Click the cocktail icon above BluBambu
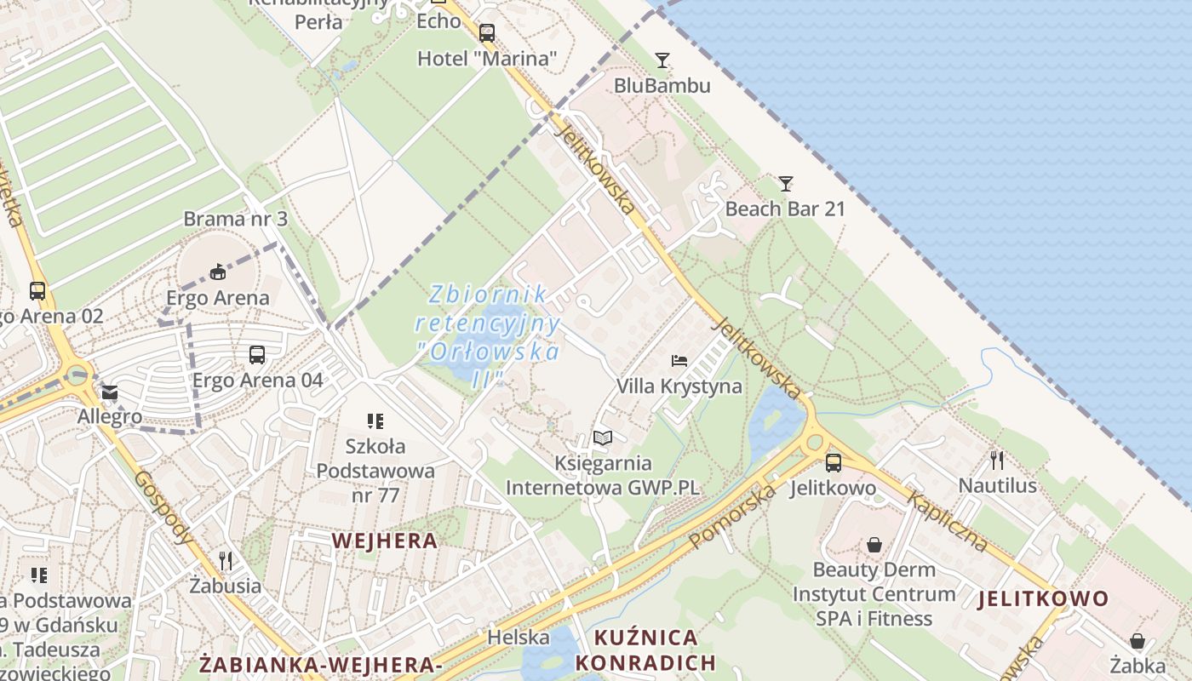pos(662,60)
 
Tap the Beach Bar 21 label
pos(785,209)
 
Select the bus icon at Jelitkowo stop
pos(834,462)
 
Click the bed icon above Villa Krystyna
pos(679,361)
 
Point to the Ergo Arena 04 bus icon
pos(257,354)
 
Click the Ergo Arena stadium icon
pos(218,272)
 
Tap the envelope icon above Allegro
pos(110,392)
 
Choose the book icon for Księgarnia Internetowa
pos(603,438)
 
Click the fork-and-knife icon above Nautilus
pos(997,461)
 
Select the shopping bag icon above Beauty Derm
pos(874,545)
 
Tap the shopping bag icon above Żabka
pos(1138,640)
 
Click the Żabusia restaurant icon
pos(226,560)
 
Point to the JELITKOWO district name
pos(1043,598)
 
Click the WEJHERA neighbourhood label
pos(385,541)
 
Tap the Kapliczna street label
pos(947,520)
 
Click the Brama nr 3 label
pos(236,219)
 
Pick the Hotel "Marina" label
pos(487,59)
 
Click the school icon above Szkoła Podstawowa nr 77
pos(375,421)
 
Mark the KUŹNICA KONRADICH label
pos(645,650)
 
